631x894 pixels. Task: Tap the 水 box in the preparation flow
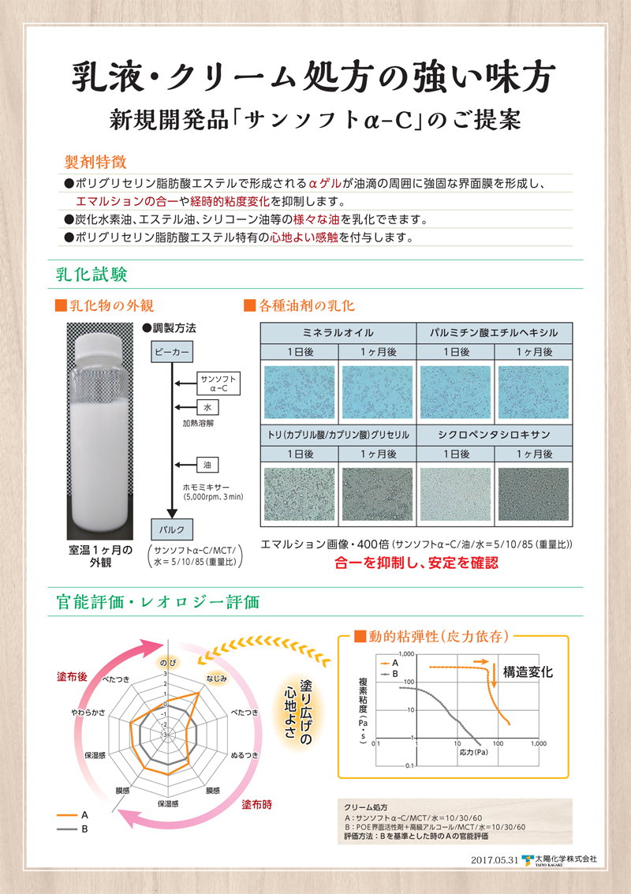pyautogui.click(x=207, y=409)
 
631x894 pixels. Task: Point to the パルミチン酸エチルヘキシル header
pyautogui.click(x=494, y=332)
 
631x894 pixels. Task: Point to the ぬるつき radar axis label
pyautogui.click(x=244, y=755)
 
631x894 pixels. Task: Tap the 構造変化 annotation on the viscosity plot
pyautogui.click(x=528, y=672)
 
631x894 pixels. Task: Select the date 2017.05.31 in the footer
pyautogui.click(x=491, y=859)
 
